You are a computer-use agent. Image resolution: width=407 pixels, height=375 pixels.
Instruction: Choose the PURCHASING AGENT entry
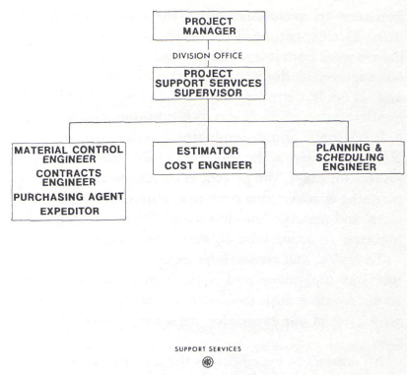[x=67, y=197]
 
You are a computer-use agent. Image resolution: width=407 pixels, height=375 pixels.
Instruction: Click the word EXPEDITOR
[x=67, y=210]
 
